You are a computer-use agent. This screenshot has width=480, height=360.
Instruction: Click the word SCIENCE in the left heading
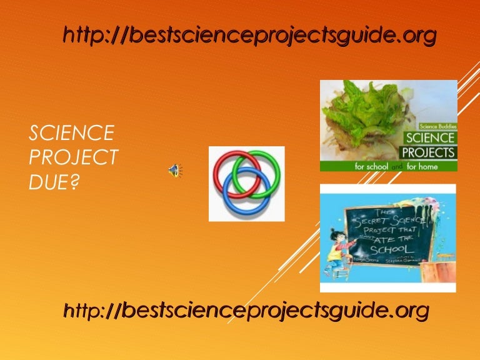(x=72, y=132)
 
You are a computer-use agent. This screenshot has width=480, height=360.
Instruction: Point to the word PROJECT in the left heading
(x=74, y=157)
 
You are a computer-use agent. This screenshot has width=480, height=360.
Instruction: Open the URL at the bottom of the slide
(x=246, y=309)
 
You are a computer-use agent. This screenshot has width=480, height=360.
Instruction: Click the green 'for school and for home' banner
(x=388, y=167)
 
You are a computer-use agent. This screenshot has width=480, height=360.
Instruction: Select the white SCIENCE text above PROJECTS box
(x=431, y=138)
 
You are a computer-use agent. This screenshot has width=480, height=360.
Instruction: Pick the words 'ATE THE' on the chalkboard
(x=400, y=236)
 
